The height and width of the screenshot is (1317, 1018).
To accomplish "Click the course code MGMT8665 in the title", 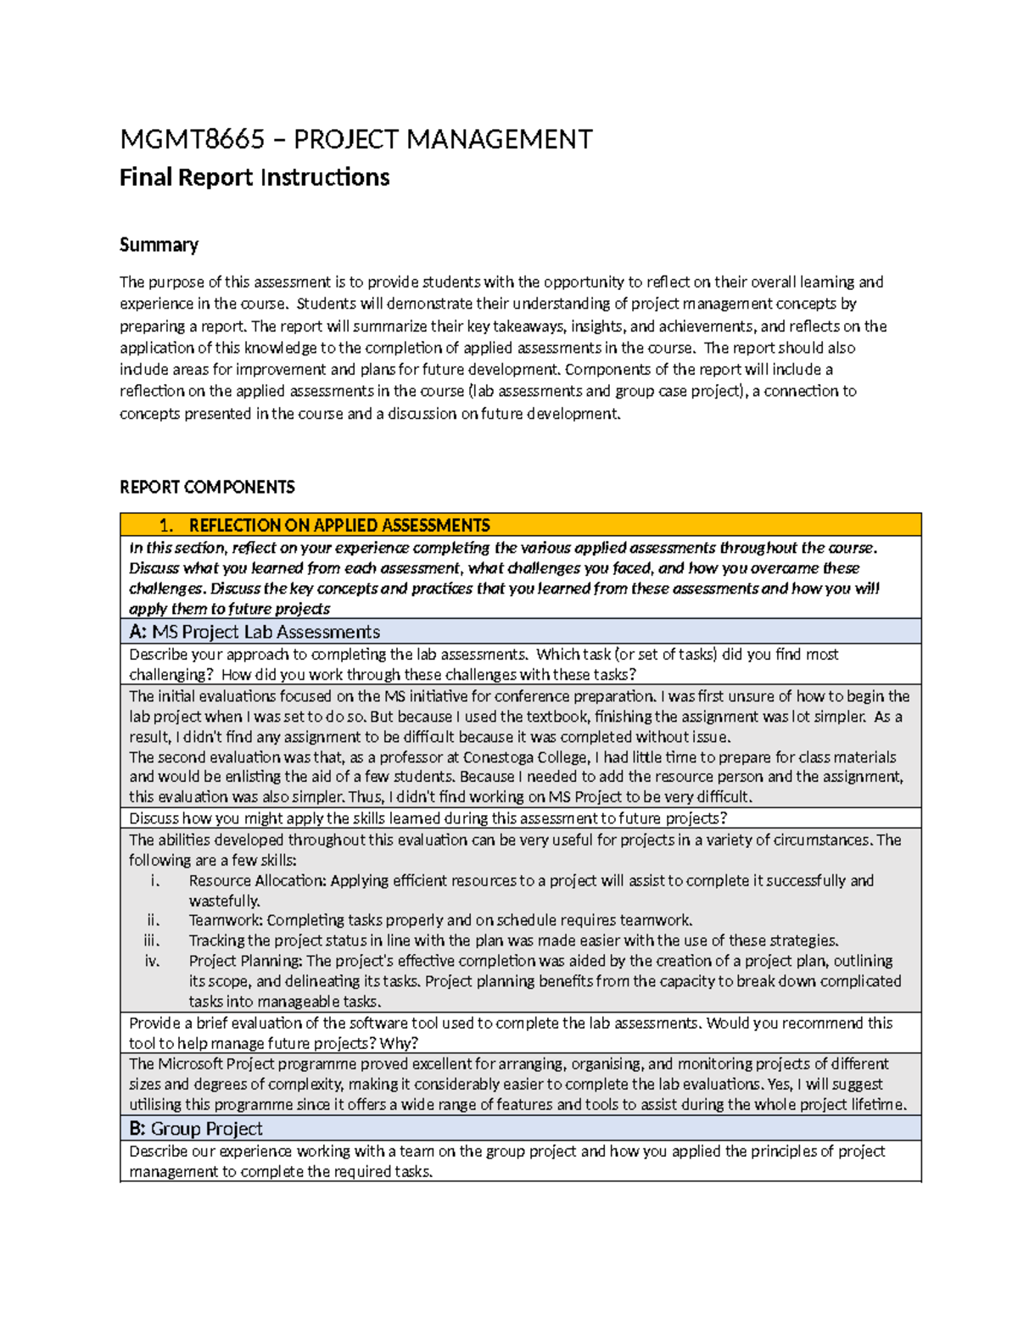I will (x=192, y=139).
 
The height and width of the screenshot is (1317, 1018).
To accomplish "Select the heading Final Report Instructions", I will (x=255, y=177).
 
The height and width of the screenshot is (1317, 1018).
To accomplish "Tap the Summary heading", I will (x=159, y=245).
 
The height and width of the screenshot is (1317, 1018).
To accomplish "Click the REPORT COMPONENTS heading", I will (x=207, y=487).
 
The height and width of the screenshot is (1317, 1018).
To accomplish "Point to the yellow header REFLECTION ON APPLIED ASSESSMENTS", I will (x=339, y=525).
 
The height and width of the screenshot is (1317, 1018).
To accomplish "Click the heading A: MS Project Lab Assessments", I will (x=255, y=632).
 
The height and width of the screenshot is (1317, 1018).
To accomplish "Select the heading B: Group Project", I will (x=196, y=1129).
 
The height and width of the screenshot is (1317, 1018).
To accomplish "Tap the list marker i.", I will (x=155, y=880).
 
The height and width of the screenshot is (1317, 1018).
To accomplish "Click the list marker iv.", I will (x=153, y=961).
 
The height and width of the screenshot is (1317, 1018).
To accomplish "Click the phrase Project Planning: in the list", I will (x=246, y=961).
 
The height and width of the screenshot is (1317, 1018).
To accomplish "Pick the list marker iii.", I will (x=152, y=940).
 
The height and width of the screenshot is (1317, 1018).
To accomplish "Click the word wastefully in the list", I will (x=224, y=901).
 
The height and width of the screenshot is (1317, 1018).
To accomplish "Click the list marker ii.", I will (x=154, y=920).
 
